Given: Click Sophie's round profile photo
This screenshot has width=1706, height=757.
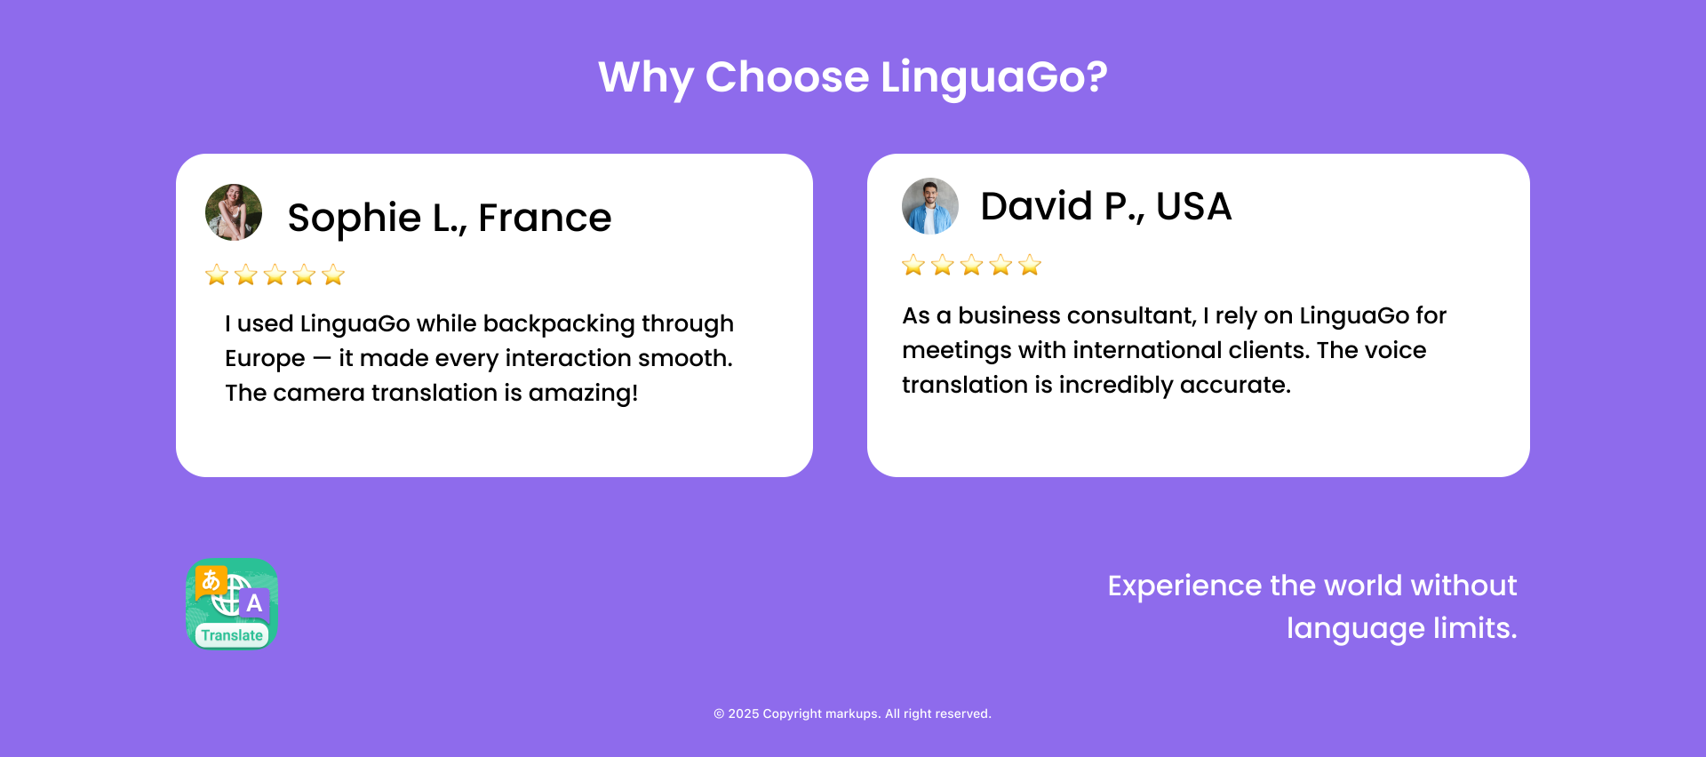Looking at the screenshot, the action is [x=234, y=212].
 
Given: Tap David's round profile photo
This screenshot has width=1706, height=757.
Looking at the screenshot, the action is [x=930, y=206].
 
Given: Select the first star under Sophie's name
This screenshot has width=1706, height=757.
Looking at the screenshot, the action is [x=217, y=275].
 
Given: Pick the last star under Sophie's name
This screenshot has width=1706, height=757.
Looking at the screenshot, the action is [x=333, y=275].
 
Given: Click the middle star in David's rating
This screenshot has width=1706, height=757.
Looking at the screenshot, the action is [x=972, y=265].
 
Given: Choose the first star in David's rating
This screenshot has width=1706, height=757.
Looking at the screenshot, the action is [x=913, y=265].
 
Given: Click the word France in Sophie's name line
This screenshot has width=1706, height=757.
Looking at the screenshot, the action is [x=545, y=218].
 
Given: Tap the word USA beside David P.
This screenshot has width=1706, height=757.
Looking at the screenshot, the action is [x=1193, y=206].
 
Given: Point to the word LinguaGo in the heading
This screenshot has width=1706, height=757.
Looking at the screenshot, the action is [x=994, y=77].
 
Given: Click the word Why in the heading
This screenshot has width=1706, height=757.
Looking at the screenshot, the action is [x=646, y=78].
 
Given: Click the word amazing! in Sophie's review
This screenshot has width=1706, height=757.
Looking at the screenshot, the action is [x=583, y=394].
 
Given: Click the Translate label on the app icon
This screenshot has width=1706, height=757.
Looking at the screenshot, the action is [x=232, y=635].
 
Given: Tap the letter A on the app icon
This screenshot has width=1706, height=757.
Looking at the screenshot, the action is [x=254, y=603].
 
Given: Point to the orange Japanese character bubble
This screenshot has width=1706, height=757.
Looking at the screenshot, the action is [x=211, y=581].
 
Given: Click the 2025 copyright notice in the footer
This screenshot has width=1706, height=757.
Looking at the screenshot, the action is [x=852, y=713].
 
